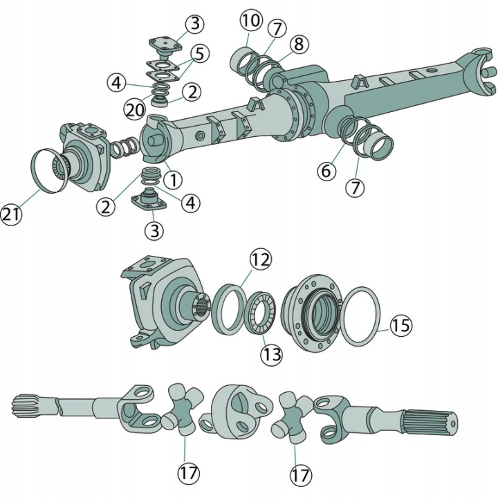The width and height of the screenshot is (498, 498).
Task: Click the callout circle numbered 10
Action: tap(251, 21)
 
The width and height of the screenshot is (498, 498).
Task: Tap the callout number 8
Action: tap(299, 44)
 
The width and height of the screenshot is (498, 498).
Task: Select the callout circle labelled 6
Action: tap(326, 172)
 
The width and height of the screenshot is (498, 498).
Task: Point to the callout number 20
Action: tap(134, 110)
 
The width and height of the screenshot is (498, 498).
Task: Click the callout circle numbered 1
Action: tap(174, 180)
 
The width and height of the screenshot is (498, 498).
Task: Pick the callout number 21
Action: tap(12, 214)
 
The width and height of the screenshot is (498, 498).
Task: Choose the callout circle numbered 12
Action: tap(261, 260)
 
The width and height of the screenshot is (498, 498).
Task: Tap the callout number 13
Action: tap(272, 354)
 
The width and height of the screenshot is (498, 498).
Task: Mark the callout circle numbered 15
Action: tap(401, 326)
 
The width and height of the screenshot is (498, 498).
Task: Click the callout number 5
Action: tap(199, 53)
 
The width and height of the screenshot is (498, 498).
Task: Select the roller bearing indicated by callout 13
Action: tap(261, 313)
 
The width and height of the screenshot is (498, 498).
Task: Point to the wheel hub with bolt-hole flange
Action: tap(312, 314)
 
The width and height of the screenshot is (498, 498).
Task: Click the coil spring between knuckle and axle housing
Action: tap(124, 147)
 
